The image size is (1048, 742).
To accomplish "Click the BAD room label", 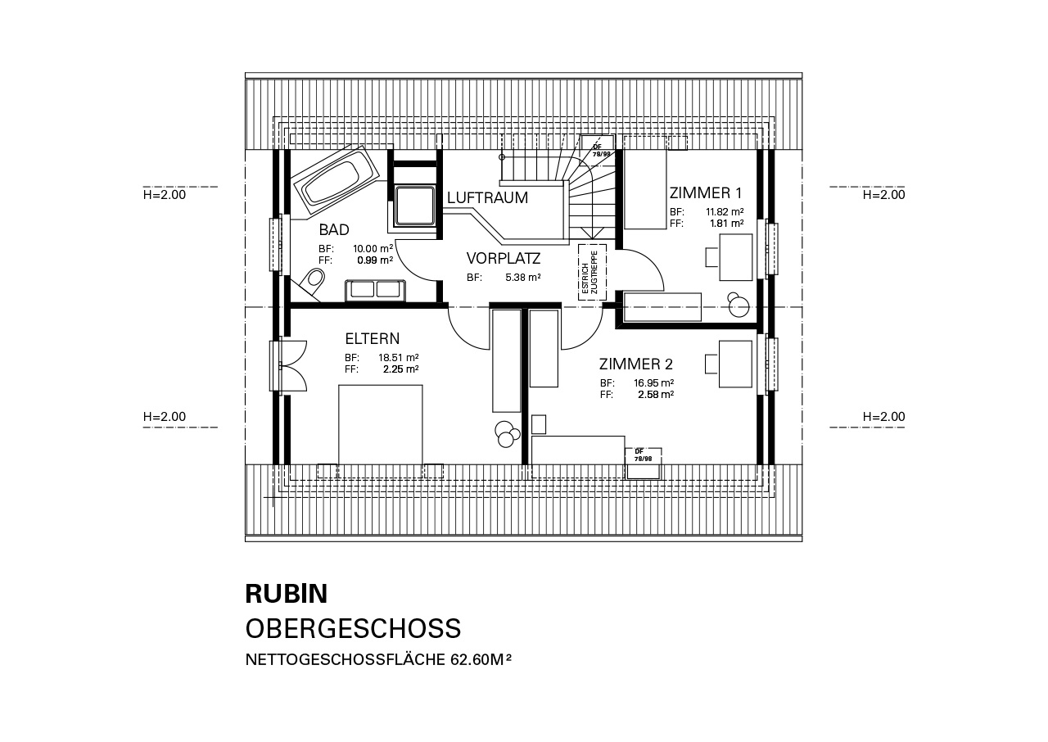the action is click(334, 229).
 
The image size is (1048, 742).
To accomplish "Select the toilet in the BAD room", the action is click(312, 281).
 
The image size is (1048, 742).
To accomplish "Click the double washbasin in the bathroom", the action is click(375, 291).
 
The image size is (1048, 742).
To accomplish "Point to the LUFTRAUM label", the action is click(487, 198).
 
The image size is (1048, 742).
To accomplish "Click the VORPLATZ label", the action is click(504, 258).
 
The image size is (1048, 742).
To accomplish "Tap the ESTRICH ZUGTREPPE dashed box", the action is click(592, 272).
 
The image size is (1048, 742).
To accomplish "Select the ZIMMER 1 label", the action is click(706, 192).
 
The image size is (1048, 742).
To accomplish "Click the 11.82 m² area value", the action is click(725, 211).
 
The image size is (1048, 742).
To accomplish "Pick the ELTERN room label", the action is click(373, 338).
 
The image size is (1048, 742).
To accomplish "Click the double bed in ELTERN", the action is click(381, 425).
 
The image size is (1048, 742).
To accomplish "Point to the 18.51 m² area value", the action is click(398, 357).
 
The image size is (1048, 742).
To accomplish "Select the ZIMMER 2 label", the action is click(636, 364).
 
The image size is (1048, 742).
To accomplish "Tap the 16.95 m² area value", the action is click(653, 383).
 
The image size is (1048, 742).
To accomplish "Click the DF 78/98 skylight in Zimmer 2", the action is click(644, 464).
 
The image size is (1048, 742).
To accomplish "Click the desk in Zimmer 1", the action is click(735, 257).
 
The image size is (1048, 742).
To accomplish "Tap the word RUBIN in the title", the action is click(287, 594).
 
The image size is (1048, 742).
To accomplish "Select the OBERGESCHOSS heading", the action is click(353, 628).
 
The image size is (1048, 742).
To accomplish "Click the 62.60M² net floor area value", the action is click(481, 659).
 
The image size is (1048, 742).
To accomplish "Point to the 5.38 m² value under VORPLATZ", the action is click(523, 278).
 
